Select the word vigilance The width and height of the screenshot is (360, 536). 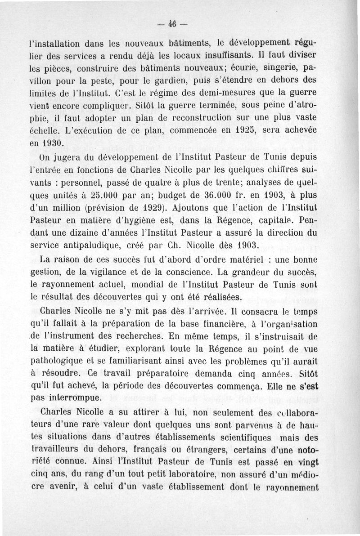[118, 272]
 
